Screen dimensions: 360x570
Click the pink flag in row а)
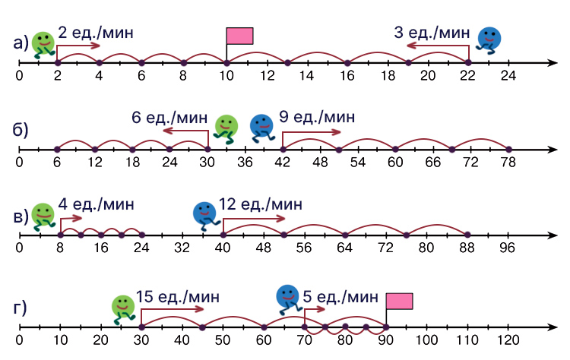239,36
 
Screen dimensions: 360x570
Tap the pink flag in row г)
399,301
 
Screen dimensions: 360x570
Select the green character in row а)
43,44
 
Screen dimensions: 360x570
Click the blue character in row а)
489,39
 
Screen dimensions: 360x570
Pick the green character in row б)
225,128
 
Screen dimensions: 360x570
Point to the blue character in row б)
261,127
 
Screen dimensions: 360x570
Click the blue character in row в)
204,214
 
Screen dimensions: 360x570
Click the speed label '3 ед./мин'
432,32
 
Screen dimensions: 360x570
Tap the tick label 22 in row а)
467,76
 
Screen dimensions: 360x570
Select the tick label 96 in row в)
508,248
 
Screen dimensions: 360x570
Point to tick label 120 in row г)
508,339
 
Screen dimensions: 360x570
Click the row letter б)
21,130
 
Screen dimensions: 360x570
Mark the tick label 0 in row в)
20,248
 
